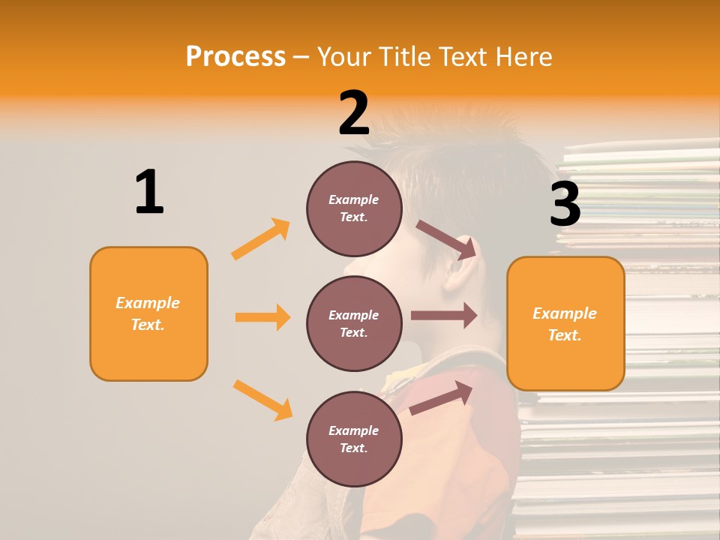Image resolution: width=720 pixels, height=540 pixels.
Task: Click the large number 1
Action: (149, 192)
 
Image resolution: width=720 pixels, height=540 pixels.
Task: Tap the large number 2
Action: (354, 113)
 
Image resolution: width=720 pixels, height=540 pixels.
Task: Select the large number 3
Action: (565, 204)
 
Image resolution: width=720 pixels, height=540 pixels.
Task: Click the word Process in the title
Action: (235, 56)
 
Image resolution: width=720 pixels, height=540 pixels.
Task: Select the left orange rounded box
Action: (148, 313)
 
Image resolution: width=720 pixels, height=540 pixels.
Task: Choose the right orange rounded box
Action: (565, 323)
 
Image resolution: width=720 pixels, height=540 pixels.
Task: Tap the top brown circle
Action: (354, 208)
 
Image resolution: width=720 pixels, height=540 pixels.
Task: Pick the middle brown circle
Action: (354, 323)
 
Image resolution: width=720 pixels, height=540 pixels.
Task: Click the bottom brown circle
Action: (354, 439)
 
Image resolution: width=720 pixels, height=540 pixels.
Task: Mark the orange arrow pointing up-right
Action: (261, 239)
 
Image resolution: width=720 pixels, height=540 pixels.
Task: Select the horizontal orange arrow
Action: (262, 317)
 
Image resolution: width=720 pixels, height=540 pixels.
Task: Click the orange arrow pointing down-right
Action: (262, 400)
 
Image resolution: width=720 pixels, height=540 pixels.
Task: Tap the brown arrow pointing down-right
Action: (446, 239)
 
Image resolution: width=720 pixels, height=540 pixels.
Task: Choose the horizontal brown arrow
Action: (444, 316)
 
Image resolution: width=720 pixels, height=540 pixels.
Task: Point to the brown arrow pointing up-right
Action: (441, 397)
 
